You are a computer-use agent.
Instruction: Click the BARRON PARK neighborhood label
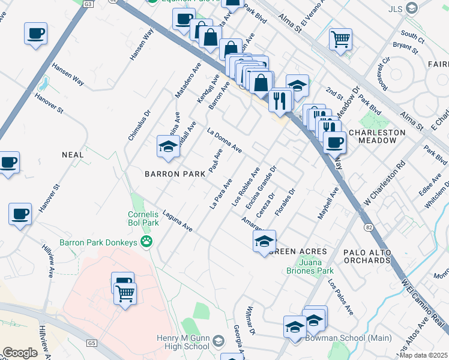click(x=175, y=173)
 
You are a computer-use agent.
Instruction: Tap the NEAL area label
click(x=73, y=154)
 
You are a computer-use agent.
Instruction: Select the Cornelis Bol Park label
click(x=143, y=218)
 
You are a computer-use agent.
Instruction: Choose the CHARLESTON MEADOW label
click(x=373, y=136)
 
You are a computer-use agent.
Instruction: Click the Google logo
click(x=20, y=353)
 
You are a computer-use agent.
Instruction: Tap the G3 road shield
click(x=88, y=4)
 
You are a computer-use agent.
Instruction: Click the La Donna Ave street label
click(x=224, y=140)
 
